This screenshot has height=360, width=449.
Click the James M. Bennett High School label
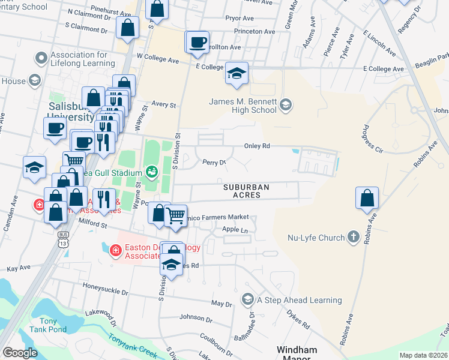[x=243, y=106]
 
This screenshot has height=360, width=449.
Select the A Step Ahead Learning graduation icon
[x=247, y=299]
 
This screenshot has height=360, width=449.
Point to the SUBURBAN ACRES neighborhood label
[x=246, y=191]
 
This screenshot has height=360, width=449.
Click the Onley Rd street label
[x=258, y=146]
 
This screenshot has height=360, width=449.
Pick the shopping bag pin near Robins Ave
[x=367, y=198]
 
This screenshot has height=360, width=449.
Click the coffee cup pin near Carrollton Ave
[x=197, y=42]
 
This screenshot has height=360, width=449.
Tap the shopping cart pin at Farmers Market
[x=175, y=215]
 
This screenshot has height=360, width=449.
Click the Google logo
[x=20, y=352]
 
